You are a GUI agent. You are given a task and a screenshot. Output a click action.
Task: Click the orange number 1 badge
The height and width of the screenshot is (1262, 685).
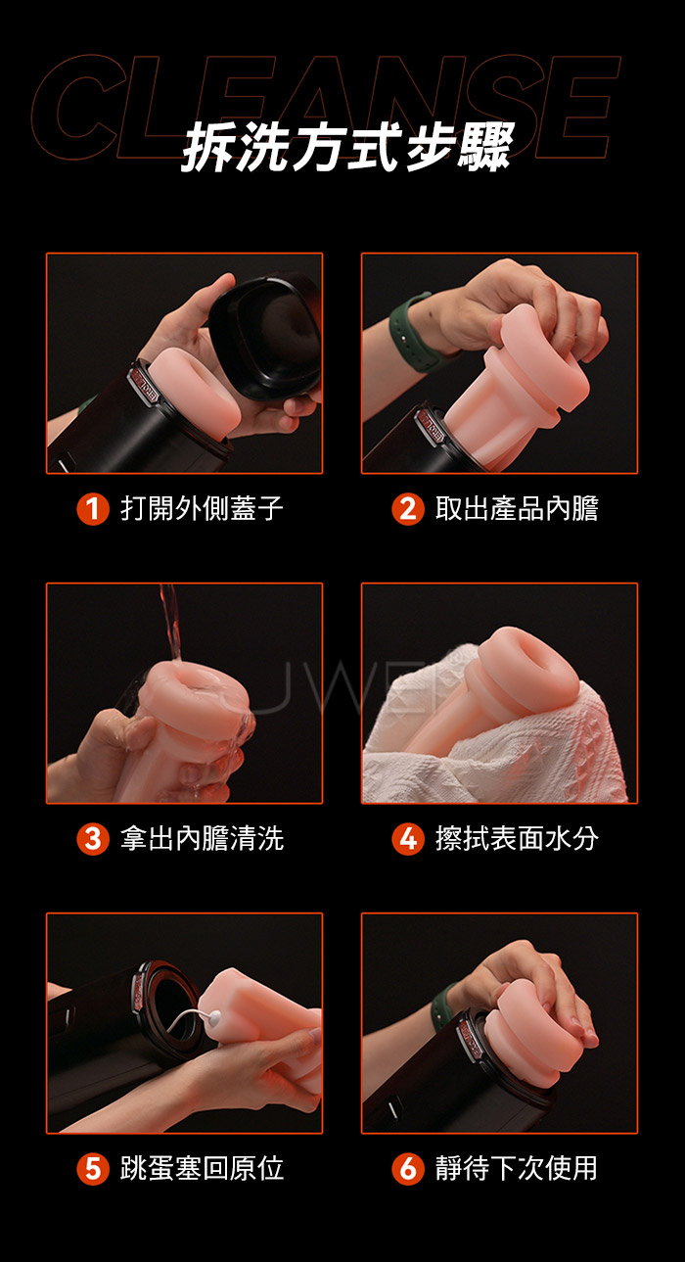[x=92, y=509]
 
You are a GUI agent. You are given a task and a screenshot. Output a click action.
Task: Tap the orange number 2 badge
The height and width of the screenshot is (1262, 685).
[x=407, y=509]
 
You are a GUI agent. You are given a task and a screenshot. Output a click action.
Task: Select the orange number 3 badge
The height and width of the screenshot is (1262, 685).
[x=92, y=839]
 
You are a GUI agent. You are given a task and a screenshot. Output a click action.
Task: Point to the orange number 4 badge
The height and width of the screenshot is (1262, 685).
[x=407, y=839]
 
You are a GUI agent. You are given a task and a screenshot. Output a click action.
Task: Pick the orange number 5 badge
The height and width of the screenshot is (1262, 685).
[x=92, y=1169]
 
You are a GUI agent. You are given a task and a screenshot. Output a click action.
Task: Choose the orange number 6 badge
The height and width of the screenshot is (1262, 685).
[x=407, y=1169]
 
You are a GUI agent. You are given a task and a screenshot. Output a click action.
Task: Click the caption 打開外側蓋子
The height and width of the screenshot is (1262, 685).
[x=202, y=508]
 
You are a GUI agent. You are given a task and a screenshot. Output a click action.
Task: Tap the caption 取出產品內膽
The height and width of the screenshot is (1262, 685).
[x=517, y=508]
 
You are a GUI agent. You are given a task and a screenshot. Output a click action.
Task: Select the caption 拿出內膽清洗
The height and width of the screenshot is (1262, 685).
[x=202, y=838]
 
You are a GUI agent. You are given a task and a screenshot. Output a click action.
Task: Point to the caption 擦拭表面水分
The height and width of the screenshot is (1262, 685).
[x=517, y=838]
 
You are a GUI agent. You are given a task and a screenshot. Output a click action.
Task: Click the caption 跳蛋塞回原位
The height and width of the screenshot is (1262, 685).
[x=202, y=1168]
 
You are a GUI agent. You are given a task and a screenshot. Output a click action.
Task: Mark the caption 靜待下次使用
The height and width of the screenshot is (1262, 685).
[x=517, y=1168]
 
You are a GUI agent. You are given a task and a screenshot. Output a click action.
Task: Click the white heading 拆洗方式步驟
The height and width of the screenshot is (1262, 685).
[x=347, y=148]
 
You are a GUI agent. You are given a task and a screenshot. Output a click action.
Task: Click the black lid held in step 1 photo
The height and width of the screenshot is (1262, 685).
[x=266, y=335]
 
